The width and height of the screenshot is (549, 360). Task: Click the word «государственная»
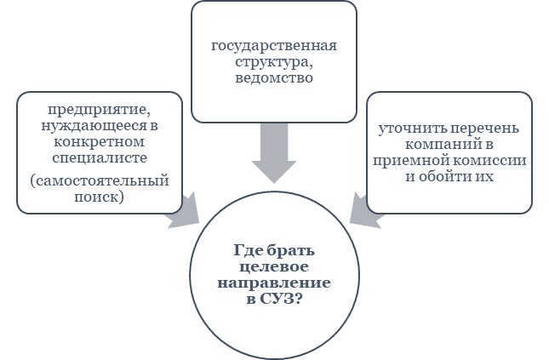pos(274,47)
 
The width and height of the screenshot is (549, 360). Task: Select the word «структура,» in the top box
pos(274,62)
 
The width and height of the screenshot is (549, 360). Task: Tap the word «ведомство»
pos(274,77)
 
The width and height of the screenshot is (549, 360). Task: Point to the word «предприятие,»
pos(100,110)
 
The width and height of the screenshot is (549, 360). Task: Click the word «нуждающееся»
pos(91,126)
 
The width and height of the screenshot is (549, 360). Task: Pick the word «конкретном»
pos(100,141)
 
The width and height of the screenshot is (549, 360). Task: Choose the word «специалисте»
pos(100,157)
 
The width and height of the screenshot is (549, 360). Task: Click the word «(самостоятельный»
pos(100,181)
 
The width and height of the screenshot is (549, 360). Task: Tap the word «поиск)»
pos(99,197)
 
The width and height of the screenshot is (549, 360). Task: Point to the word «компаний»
pos(440,145)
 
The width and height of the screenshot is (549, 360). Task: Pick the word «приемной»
pos(411,161)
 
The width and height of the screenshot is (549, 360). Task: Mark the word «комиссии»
pos(489,161)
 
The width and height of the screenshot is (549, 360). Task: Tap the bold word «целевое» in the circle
pos(274,267)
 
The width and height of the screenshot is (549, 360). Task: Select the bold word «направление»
pos(274,283)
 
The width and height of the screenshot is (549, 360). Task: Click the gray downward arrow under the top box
pos(274,152)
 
